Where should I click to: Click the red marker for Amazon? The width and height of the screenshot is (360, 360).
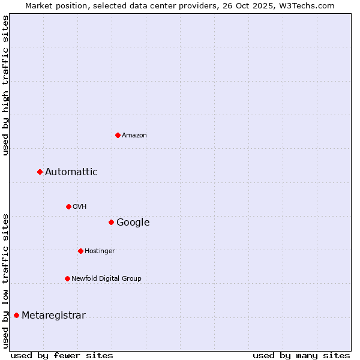point(118,135)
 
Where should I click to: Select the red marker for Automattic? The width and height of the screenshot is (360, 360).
point(40,172)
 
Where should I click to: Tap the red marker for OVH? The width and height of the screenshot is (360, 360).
point(68,206)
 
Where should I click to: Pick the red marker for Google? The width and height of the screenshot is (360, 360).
point(111,223)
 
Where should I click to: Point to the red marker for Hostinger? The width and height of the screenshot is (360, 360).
point(80,251)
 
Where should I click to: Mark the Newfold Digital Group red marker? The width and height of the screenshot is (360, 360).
point(67,278)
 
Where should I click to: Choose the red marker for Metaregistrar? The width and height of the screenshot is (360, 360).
point(16,316)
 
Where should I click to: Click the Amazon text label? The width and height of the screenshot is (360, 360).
point(134,136)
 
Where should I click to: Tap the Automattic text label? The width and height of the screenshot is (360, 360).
point(71,172)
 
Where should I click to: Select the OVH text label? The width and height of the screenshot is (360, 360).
point(79,207)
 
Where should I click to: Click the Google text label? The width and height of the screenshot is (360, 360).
point(133,223)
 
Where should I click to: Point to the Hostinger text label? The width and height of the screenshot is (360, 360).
point(100,251)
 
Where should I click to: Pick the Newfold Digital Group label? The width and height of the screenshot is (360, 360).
point(106,279)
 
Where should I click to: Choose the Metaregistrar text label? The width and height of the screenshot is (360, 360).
point(53,316)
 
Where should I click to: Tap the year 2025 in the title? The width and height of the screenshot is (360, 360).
point(269,6)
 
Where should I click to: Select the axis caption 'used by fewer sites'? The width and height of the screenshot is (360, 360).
point(62,355)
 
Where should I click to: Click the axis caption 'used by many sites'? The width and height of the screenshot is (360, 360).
point(301,355)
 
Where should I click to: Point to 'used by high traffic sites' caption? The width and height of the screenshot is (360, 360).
point(6,85)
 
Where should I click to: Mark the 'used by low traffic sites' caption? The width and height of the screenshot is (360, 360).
point(6,280)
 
